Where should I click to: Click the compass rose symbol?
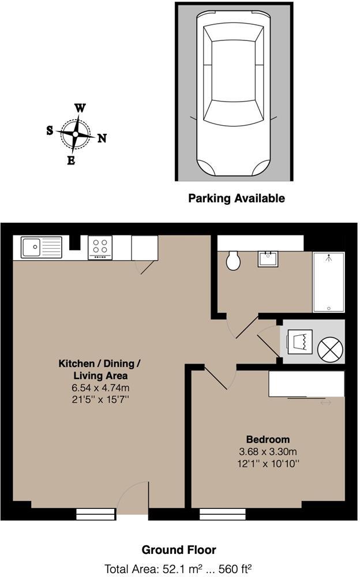75,133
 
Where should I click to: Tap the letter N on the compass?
102,138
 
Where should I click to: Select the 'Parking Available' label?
237,198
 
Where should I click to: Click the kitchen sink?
41,248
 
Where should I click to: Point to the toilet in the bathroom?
234,260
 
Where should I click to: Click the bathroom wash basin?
268,258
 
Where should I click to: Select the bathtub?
329,283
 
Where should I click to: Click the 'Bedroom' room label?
268,439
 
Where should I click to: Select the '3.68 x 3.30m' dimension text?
268,451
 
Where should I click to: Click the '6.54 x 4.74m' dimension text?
99,388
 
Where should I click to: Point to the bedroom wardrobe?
306,384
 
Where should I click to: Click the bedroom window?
223,514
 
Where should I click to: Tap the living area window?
96,514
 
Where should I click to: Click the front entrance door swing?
132,497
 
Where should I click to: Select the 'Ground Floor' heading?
179,550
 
